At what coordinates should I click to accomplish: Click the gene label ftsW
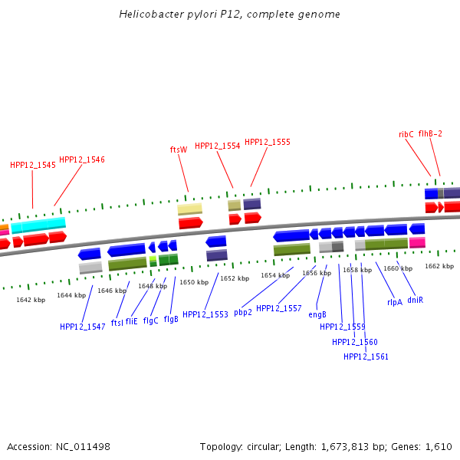coord(178,149)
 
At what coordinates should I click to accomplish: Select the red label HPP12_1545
coord(33,165)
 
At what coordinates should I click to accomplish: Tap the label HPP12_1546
coord(82,159)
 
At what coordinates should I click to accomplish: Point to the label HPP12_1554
coord(217,146)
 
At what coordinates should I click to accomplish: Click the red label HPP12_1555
coord(267,142)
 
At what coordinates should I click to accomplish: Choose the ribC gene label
coord(406,133)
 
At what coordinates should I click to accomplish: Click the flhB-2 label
coord(430,133)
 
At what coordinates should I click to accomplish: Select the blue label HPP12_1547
coord(83,327)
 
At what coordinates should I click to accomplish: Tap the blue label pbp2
coord(243,312)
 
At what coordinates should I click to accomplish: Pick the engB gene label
coord(317,314)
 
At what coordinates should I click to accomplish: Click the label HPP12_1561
coord(366,356)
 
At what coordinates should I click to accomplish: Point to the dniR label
coord(416,300)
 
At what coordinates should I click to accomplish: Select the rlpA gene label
coord(395,302)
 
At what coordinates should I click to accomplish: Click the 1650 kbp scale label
coord(194,282)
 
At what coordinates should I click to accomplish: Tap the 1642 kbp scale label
coord(31,299)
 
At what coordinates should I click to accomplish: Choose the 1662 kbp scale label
coord(439,266)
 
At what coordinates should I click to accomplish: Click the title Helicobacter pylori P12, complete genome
coord(230,15)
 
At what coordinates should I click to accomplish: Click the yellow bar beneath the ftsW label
coord(190,209)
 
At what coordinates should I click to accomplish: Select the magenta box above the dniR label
coord(417,242)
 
